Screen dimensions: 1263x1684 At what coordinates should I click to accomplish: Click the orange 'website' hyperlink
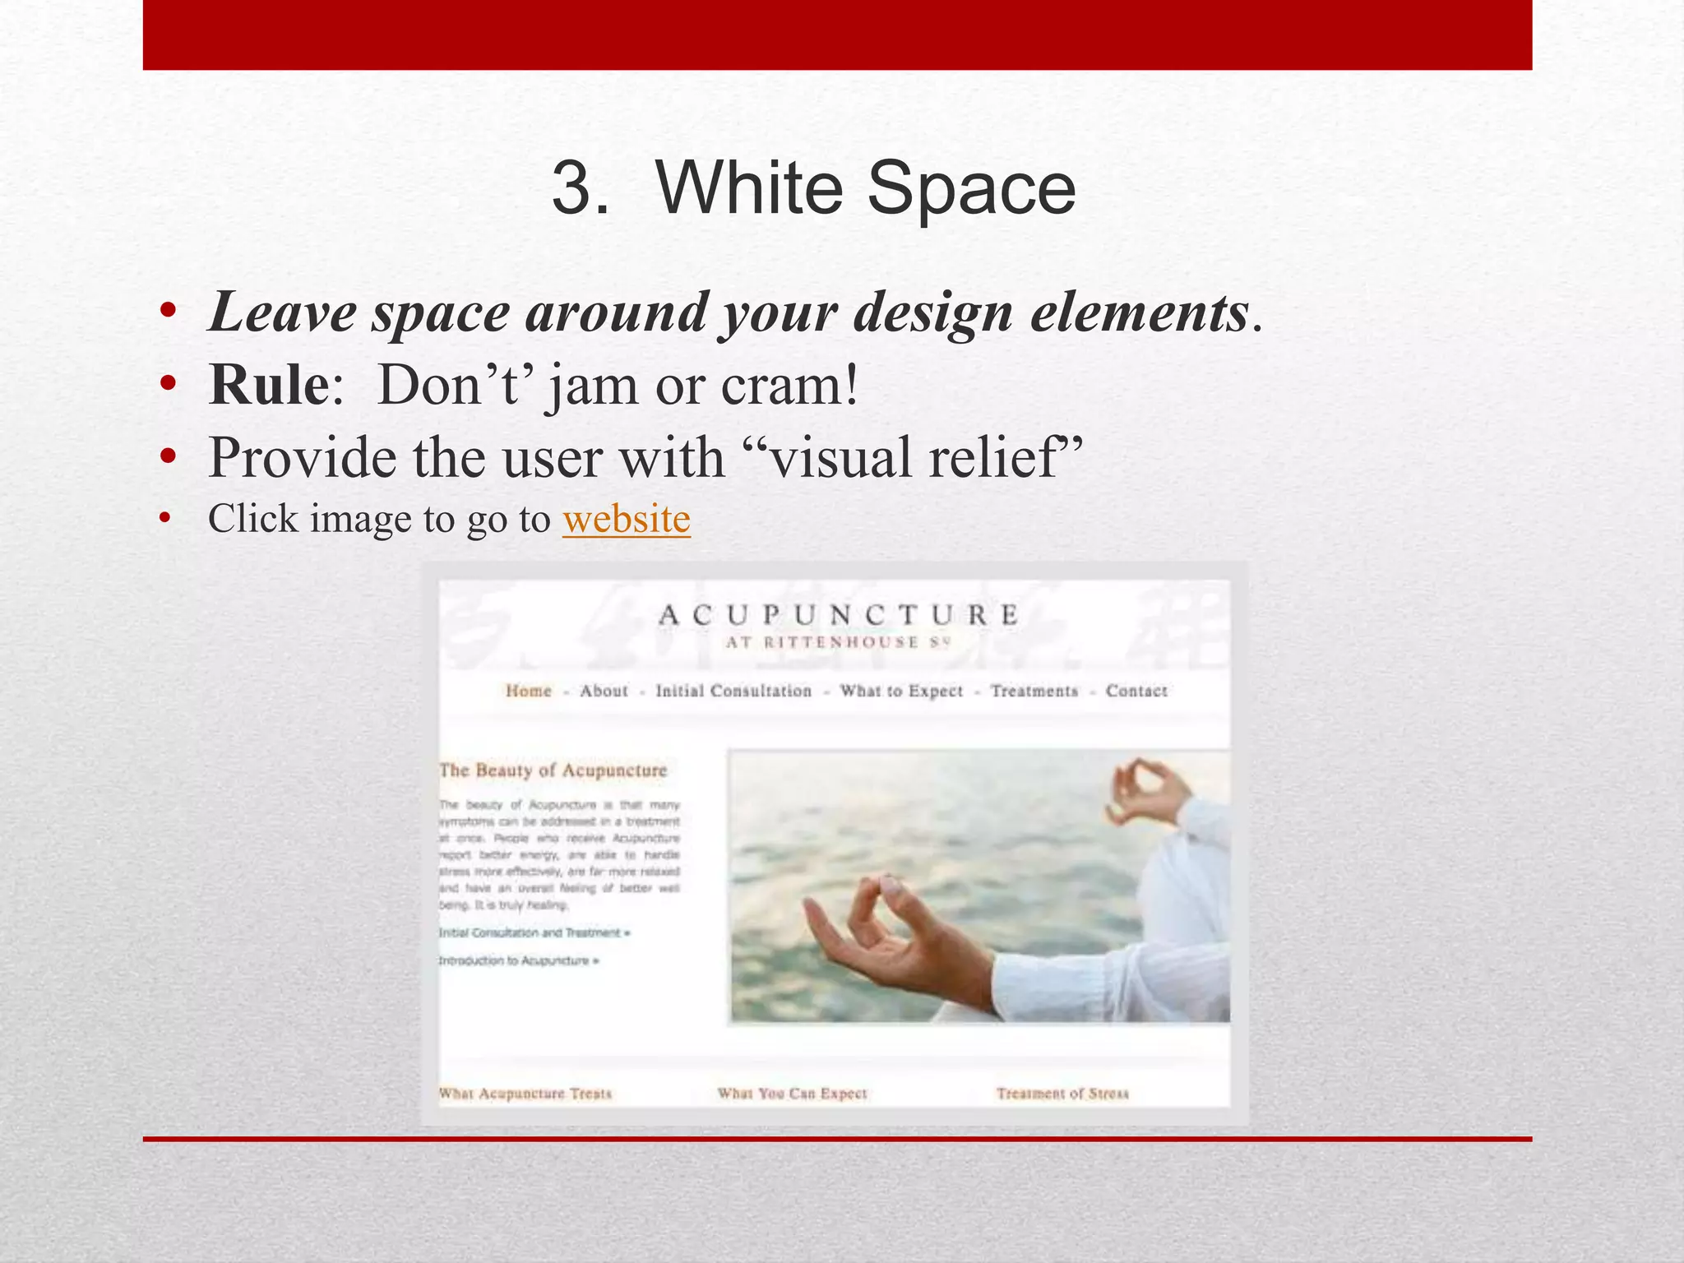(626, 520)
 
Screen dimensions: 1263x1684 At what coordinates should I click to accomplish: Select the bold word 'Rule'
(268, 385)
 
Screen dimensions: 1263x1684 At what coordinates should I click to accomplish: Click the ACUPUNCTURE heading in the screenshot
(838, 615)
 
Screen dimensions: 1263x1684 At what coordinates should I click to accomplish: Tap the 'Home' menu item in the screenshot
(528, 691)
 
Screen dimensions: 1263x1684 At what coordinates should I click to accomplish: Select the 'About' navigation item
(604, 691)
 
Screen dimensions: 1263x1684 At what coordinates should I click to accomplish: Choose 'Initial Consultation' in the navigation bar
(733, 691)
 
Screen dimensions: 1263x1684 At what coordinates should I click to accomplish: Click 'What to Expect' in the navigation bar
(900, 691)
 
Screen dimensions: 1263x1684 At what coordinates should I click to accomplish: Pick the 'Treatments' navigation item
(1034, 691)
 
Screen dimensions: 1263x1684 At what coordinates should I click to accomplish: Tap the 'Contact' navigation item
(1136, 691)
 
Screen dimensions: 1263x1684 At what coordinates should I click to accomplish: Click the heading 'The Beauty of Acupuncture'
(553, 770)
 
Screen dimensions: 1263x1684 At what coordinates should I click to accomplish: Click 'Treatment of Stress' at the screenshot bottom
(1062, 1094)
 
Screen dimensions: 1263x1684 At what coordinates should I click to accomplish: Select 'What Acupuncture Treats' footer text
(525, 1094)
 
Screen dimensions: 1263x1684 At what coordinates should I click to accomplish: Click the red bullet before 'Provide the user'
(168, 457)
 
